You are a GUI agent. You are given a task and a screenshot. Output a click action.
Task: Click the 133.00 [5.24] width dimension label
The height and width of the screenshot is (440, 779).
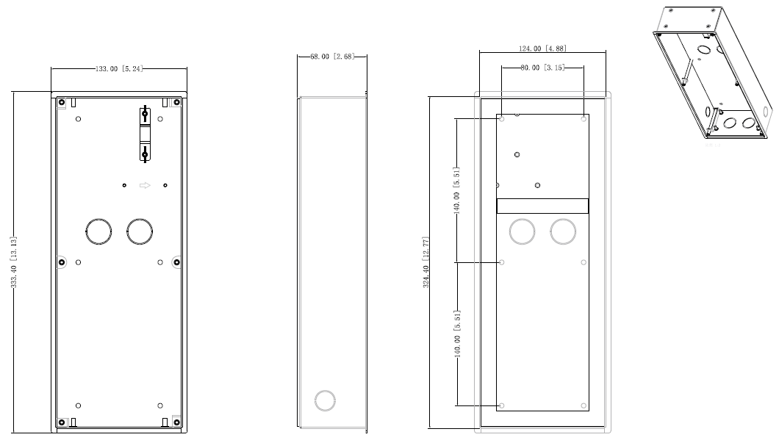[118, 68]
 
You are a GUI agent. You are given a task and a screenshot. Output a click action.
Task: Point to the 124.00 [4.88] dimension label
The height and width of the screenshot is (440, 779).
[542, 48]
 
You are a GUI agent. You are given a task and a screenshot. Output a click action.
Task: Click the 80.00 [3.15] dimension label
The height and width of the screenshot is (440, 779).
[542, 68]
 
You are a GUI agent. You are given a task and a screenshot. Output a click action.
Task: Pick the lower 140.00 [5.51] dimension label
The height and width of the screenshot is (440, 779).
[456, 333]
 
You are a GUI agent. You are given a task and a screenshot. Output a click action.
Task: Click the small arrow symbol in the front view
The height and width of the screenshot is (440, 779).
[145, 185]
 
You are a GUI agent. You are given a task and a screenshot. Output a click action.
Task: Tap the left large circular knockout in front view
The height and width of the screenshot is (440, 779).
[98, 231]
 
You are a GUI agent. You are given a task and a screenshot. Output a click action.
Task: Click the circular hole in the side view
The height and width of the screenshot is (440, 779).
[324, 400]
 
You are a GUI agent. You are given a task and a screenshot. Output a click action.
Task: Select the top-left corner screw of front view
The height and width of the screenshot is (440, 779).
[62, 102]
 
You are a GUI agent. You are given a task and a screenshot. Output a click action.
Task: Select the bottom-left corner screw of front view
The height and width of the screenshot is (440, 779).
[62, 422]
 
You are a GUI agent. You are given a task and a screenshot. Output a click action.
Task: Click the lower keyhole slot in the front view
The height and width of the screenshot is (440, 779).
[146, 153]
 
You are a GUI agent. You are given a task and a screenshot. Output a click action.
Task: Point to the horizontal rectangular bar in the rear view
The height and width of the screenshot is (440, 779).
[542, 206]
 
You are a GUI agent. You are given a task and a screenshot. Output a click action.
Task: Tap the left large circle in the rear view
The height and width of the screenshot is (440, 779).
[522, 231]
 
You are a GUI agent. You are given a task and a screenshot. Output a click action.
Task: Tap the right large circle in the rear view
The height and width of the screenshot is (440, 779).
[563, 231]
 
